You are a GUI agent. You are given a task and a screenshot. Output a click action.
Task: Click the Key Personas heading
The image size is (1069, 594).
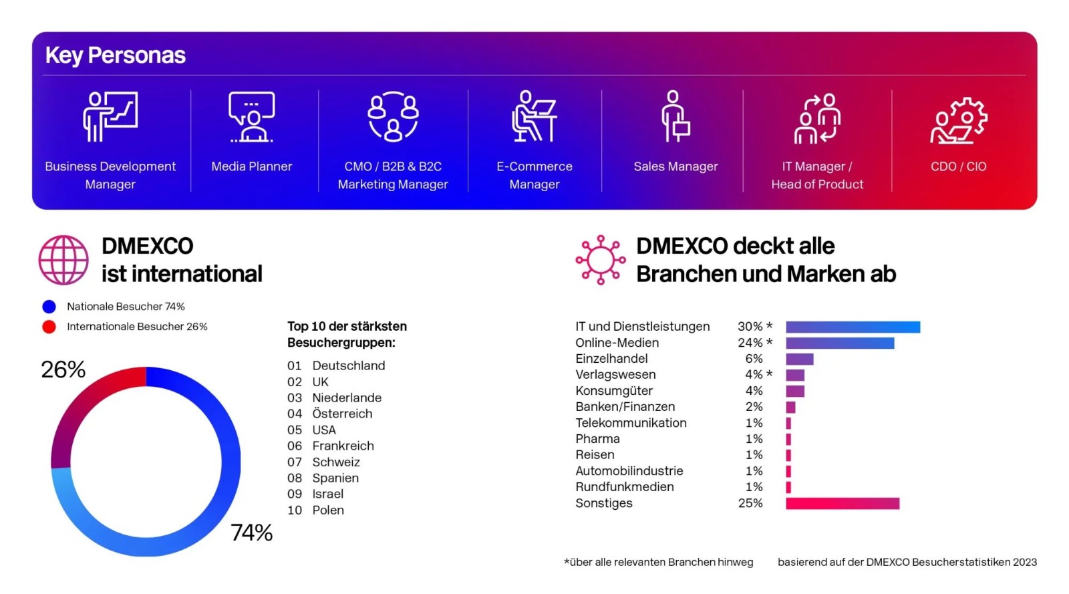coord(115,55)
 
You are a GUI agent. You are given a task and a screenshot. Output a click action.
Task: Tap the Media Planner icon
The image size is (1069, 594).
coord(251,117)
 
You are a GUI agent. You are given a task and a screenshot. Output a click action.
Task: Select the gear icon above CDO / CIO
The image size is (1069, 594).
coord(959,121)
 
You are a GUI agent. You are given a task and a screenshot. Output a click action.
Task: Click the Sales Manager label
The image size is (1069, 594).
coord(675,166)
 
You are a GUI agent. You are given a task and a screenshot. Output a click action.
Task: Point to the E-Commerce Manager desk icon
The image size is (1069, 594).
coord(534,117)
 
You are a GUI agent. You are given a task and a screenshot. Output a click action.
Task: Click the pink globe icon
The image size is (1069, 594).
coord(63,260)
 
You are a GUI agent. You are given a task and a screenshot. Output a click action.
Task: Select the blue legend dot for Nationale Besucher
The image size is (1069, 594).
coord(49,307)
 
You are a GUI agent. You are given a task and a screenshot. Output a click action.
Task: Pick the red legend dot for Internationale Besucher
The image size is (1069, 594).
coord(49,327)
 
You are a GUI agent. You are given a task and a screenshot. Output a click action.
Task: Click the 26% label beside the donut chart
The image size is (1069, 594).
coord(63,369)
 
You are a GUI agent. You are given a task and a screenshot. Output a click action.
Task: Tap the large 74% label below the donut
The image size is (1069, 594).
coord(252,533)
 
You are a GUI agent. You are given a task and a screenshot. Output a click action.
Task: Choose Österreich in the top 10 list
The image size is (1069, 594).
coord(342,414)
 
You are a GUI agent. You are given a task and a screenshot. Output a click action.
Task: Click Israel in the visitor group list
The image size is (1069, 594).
coord(327,494)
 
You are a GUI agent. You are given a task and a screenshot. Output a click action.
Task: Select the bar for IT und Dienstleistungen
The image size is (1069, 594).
coord(853,327)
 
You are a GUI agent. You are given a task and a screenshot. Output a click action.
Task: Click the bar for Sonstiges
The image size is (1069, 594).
coord(842,503)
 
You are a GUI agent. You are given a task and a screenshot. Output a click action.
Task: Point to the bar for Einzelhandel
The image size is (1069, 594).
coord(799,359)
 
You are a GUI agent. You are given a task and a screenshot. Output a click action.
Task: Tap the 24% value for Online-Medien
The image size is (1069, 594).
coord(750,343)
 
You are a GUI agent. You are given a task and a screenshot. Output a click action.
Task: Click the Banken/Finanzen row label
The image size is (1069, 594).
coord(625,407)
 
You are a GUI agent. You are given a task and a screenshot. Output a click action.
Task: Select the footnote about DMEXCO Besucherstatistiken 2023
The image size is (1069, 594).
coord(907,563)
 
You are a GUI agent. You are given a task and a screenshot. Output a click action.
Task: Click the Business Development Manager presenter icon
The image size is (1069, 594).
coord(110,117)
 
